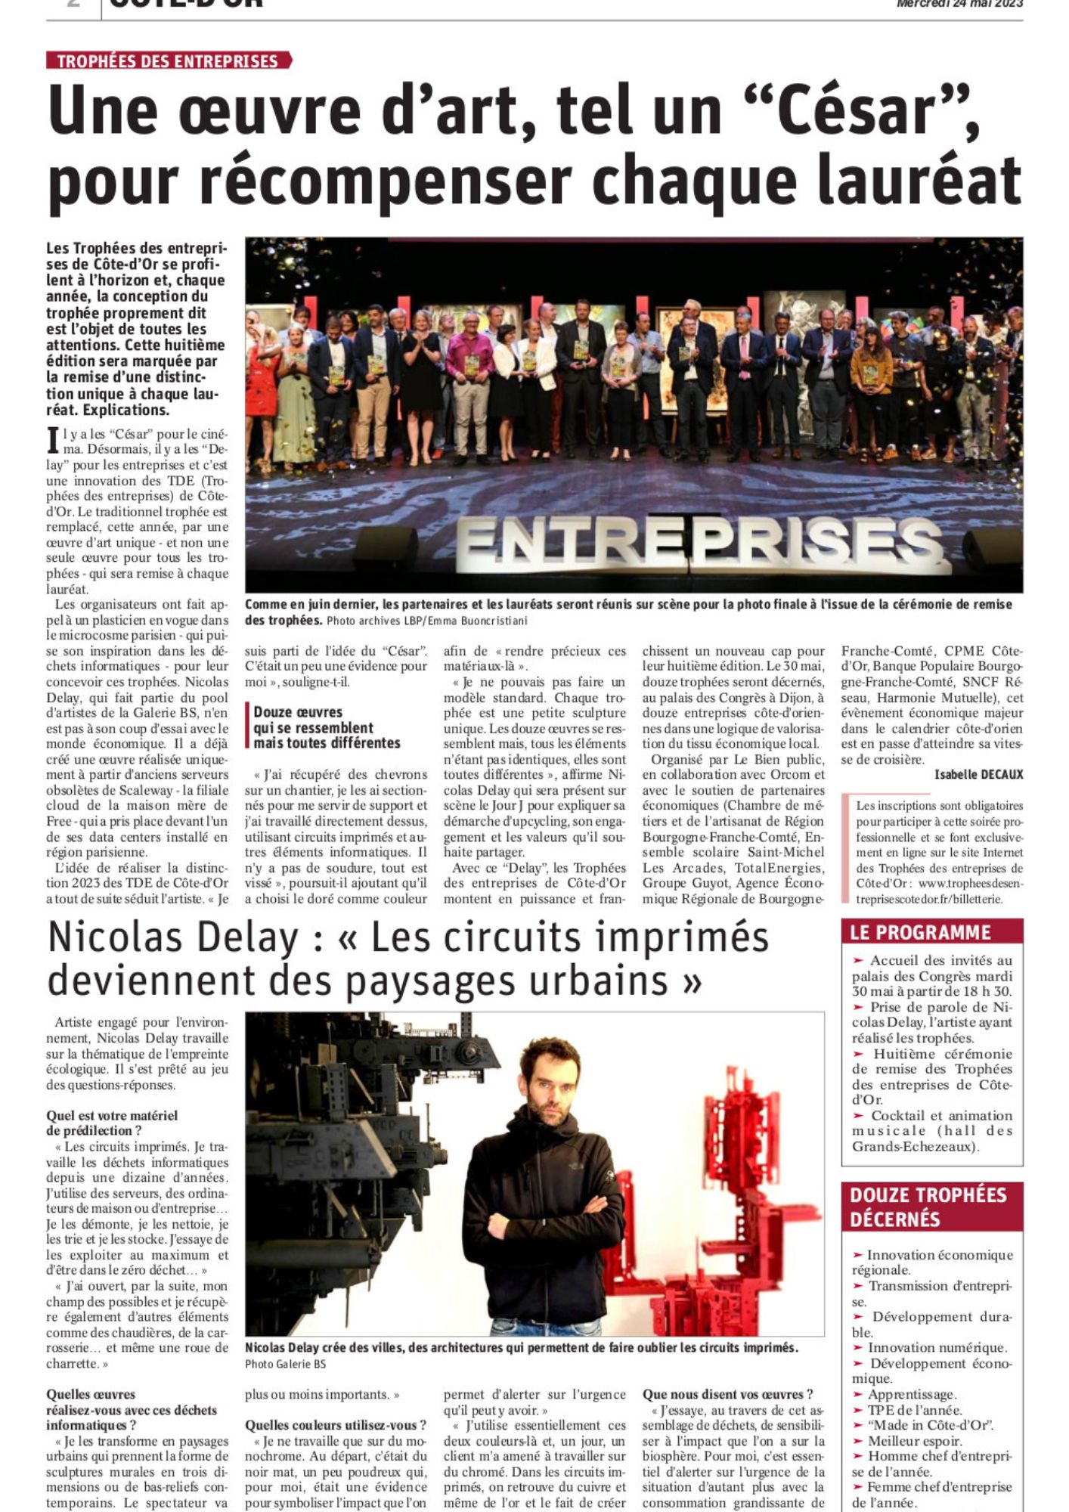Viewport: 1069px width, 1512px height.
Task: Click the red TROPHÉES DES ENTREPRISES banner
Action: click(x=168, y=61)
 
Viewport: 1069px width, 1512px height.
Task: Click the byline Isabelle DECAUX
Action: click(x=978, y=774)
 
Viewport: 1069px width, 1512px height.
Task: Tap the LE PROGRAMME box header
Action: click(x=931, y=932)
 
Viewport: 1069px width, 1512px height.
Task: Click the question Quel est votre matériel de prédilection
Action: click(x=112, y=1123)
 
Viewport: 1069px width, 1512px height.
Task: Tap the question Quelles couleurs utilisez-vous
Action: click(x=336, y=1425)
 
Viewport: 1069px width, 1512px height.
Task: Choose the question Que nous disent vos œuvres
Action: click(x=727, y=1394)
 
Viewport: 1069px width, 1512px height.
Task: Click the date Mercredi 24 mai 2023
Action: click(x=959, y=4)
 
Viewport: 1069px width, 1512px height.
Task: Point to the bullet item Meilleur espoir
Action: click(x=915, y=1441)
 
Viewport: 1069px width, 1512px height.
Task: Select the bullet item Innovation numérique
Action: click(x=937, y=1348)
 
